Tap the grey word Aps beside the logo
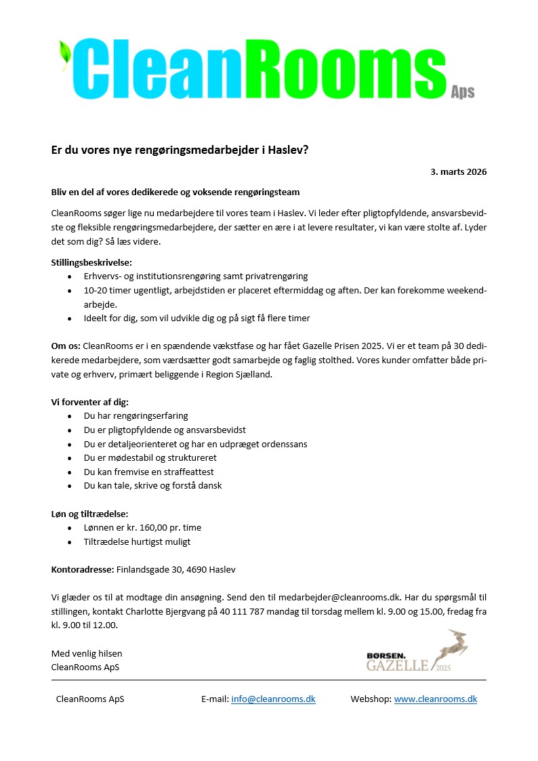pos(463,92)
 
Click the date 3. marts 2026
pos(458,171)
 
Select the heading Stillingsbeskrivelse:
pos(91,262)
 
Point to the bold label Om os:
pos(66,346)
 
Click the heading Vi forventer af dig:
pos(90,402)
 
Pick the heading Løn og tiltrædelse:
pos(90,514)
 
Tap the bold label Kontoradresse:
pos(83,570)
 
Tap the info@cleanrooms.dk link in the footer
pos(273,699)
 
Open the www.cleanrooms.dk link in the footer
pos(435,699)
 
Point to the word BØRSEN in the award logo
pos(386,655)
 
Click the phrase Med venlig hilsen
pos(87,654)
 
